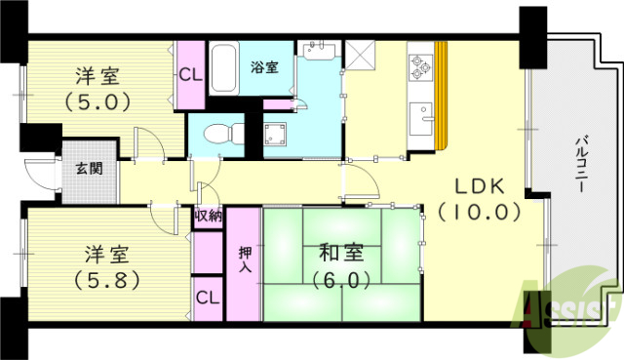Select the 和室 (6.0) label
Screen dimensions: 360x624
coord(340,264)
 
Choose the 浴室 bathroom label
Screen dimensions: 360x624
coord(263,67)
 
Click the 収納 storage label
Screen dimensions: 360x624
coord(208,217)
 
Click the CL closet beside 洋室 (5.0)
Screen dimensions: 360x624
coord(191,74)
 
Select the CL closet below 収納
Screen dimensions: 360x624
coord(207,296)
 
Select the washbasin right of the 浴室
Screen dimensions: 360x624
coord(317,51)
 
